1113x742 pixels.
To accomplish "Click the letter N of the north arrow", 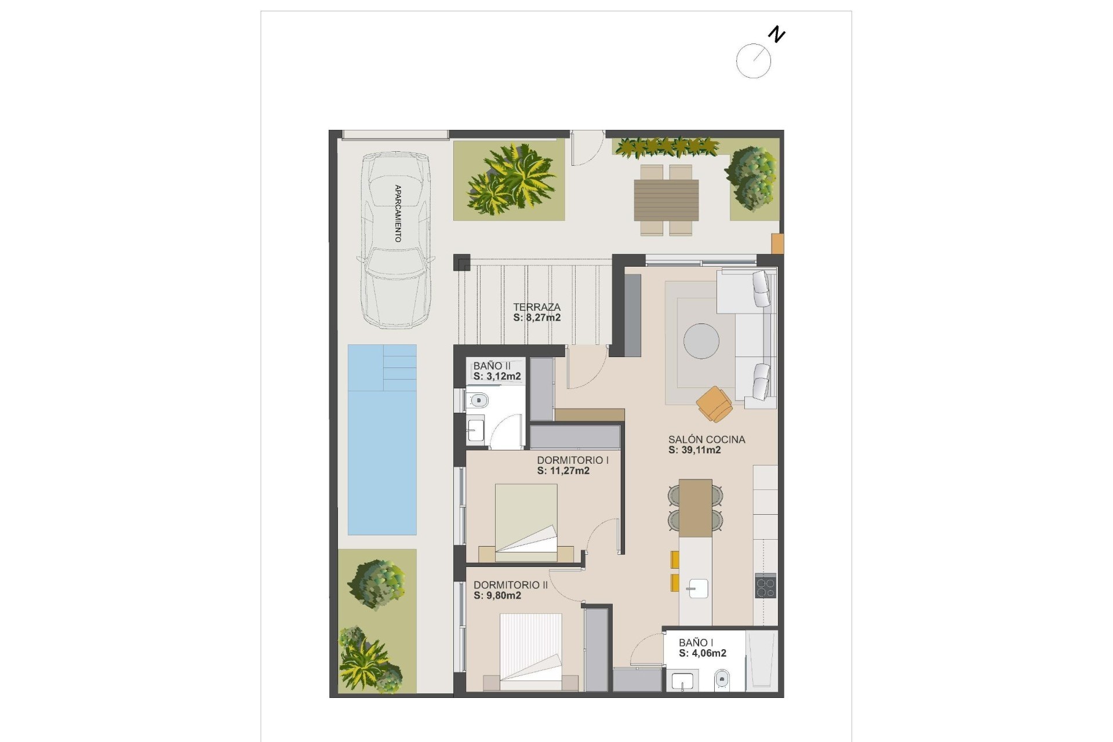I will pyautogui.click(x=776, y=35).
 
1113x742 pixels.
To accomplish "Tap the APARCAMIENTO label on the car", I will pyautogui.click(x=398, y=213).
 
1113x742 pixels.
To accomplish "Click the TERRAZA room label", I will pyautogui.click(x=537, y=307).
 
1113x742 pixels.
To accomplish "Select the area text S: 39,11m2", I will pyautogui.click(x=694, y=450).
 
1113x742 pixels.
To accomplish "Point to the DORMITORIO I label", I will pyautogui.click(x=572, y=460).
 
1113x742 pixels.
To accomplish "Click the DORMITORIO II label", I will pyautogui.click(x=510, y=585).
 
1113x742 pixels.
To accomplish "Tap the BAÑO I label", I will pyautogui.click(x=696, y=642).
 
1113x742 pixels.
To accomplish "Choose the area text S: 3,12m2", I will pyautogui.click(x=497, y=376).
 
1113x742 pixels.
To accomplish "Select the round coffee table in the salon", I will pyautogui.click(x=701, y=341).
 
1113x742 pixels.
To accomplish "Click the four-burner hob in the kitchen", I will pyautogui.click(x=765, y=585).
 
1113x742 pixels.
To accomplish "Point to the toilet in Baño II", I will pyautogui.click(x=478, y=399).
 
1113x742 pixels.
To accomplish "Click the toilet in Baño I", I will pyautogui.click(x=722, y=678).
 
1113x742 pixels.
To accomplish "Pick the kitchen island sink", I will pyautogui.click(x=696, y=588).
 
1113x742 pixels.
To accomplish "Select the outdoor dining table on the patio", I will pyautogui.click(x=666, y=200).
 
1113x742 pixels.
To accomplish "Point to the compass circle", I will pyautogui.click(x=753, y=61).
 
